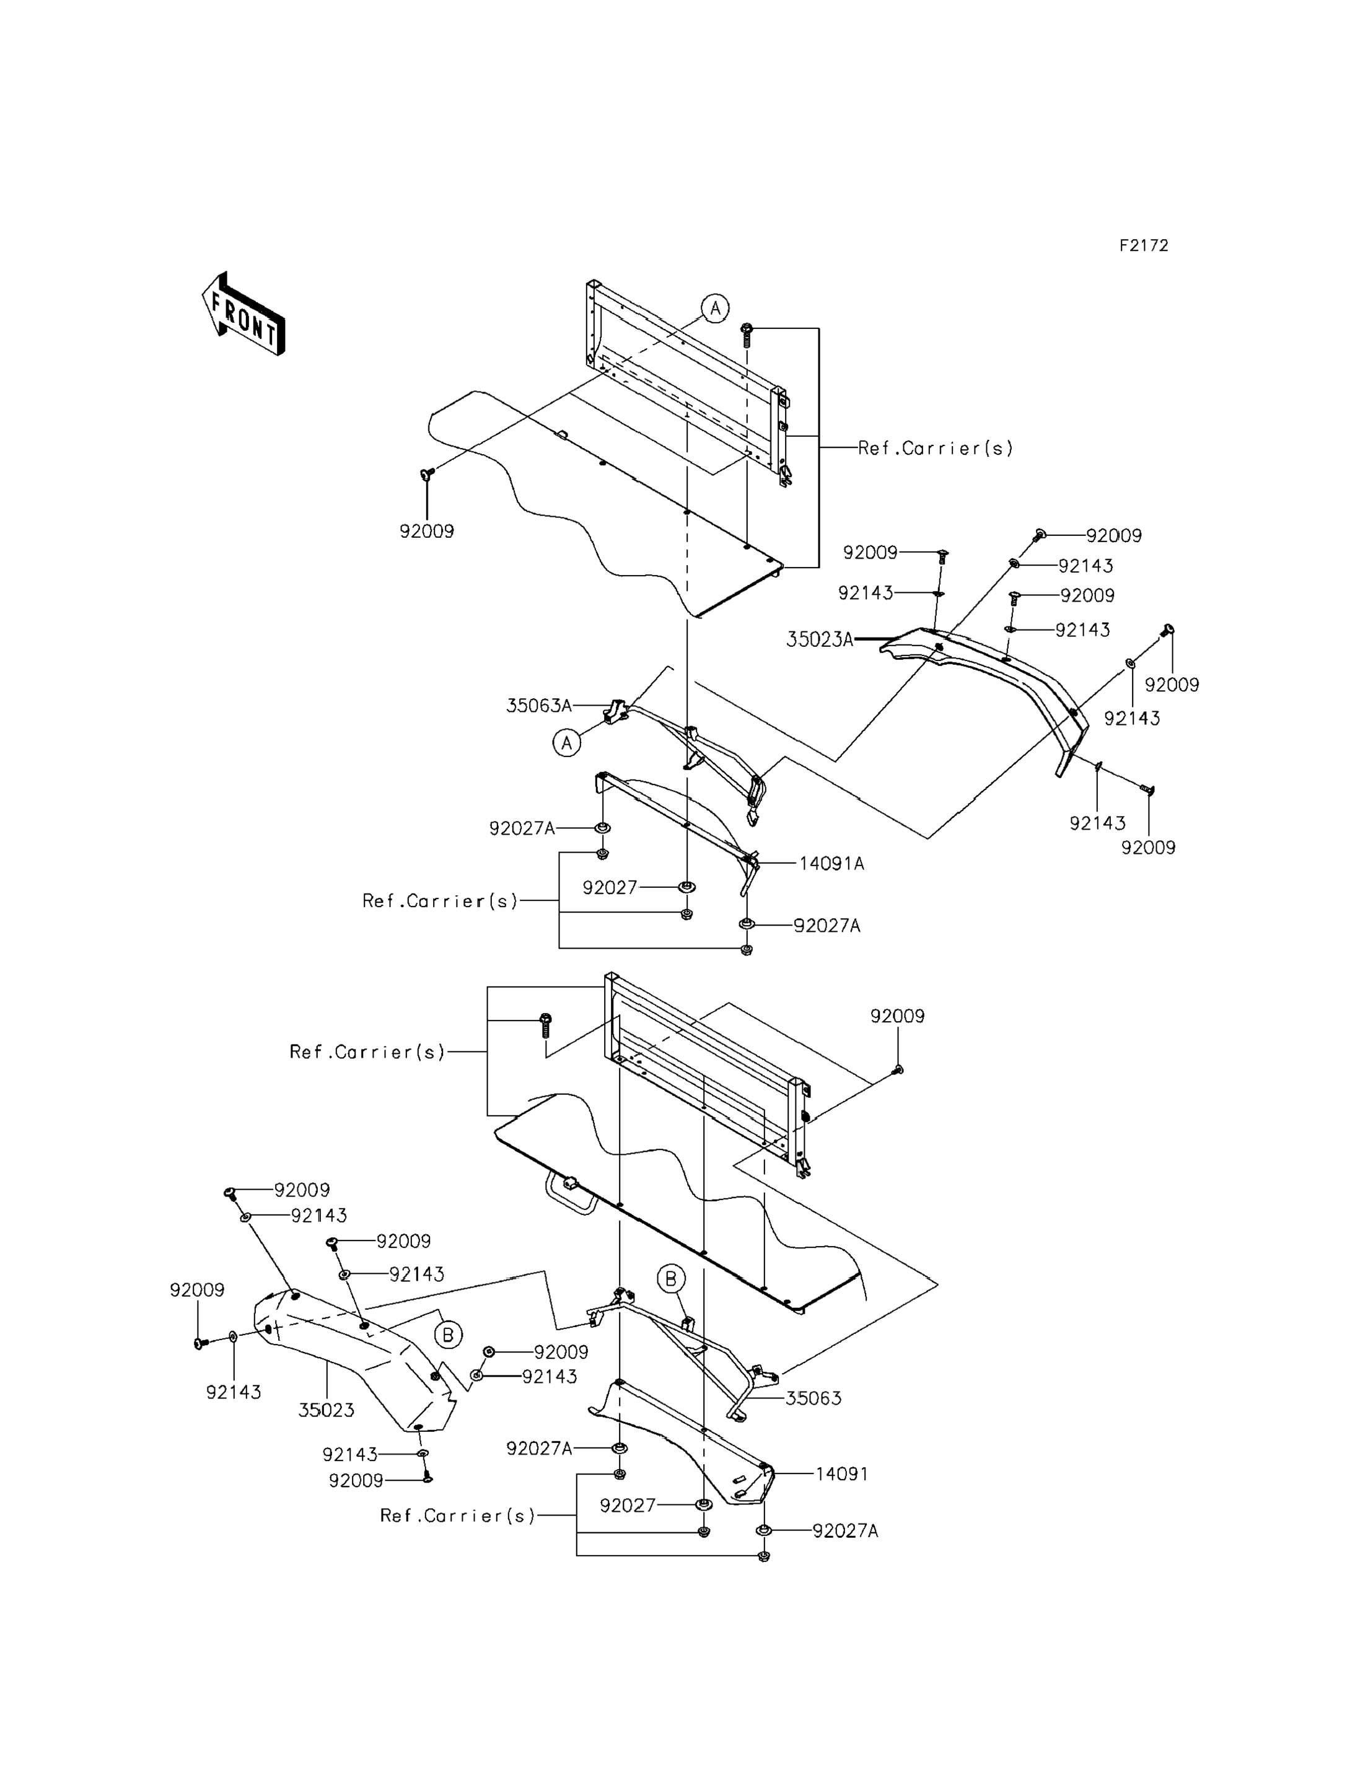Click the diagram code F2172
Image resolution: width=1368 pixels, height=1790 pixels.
click(1143, 246)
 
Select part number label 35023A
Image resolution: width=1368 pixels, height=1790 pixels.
click(819, 640)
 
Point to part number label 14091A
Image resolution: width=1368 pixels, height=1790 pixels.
click(831, 863)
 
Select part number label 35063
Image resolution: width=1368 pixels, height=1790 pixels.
click(813, 1398)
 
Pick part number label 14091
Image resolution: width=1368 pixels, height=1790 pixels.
click(842, 1474)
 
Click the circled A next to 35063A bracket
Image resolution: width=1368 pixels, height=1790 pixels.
click(567, 743)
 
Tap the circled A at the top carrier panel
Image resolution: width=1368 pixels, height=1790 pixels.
click(715, 309)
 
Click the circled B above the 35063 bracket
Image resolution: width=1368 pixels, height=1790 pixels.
click(671, 1279)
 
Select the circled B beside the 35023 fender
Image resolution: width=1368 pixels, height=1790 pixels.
click(448, 1335)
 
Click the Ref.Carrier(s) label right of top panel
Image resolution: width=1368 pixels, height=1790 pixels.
click(936, 448)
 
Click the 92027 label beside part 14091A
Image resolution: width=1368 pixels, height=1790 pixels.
click(610, 888)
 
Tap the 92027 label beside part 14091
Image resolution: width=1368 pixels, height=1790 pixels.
click(628, 1506)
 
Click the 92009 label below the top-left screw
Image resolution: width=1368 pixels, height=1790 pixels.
click(427, 532)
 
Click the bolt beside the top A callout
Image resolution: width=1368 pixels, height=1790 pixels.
click(746, 335)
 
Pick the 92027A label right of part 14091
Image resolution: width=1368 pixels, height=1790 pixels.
click(845, 1531)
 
